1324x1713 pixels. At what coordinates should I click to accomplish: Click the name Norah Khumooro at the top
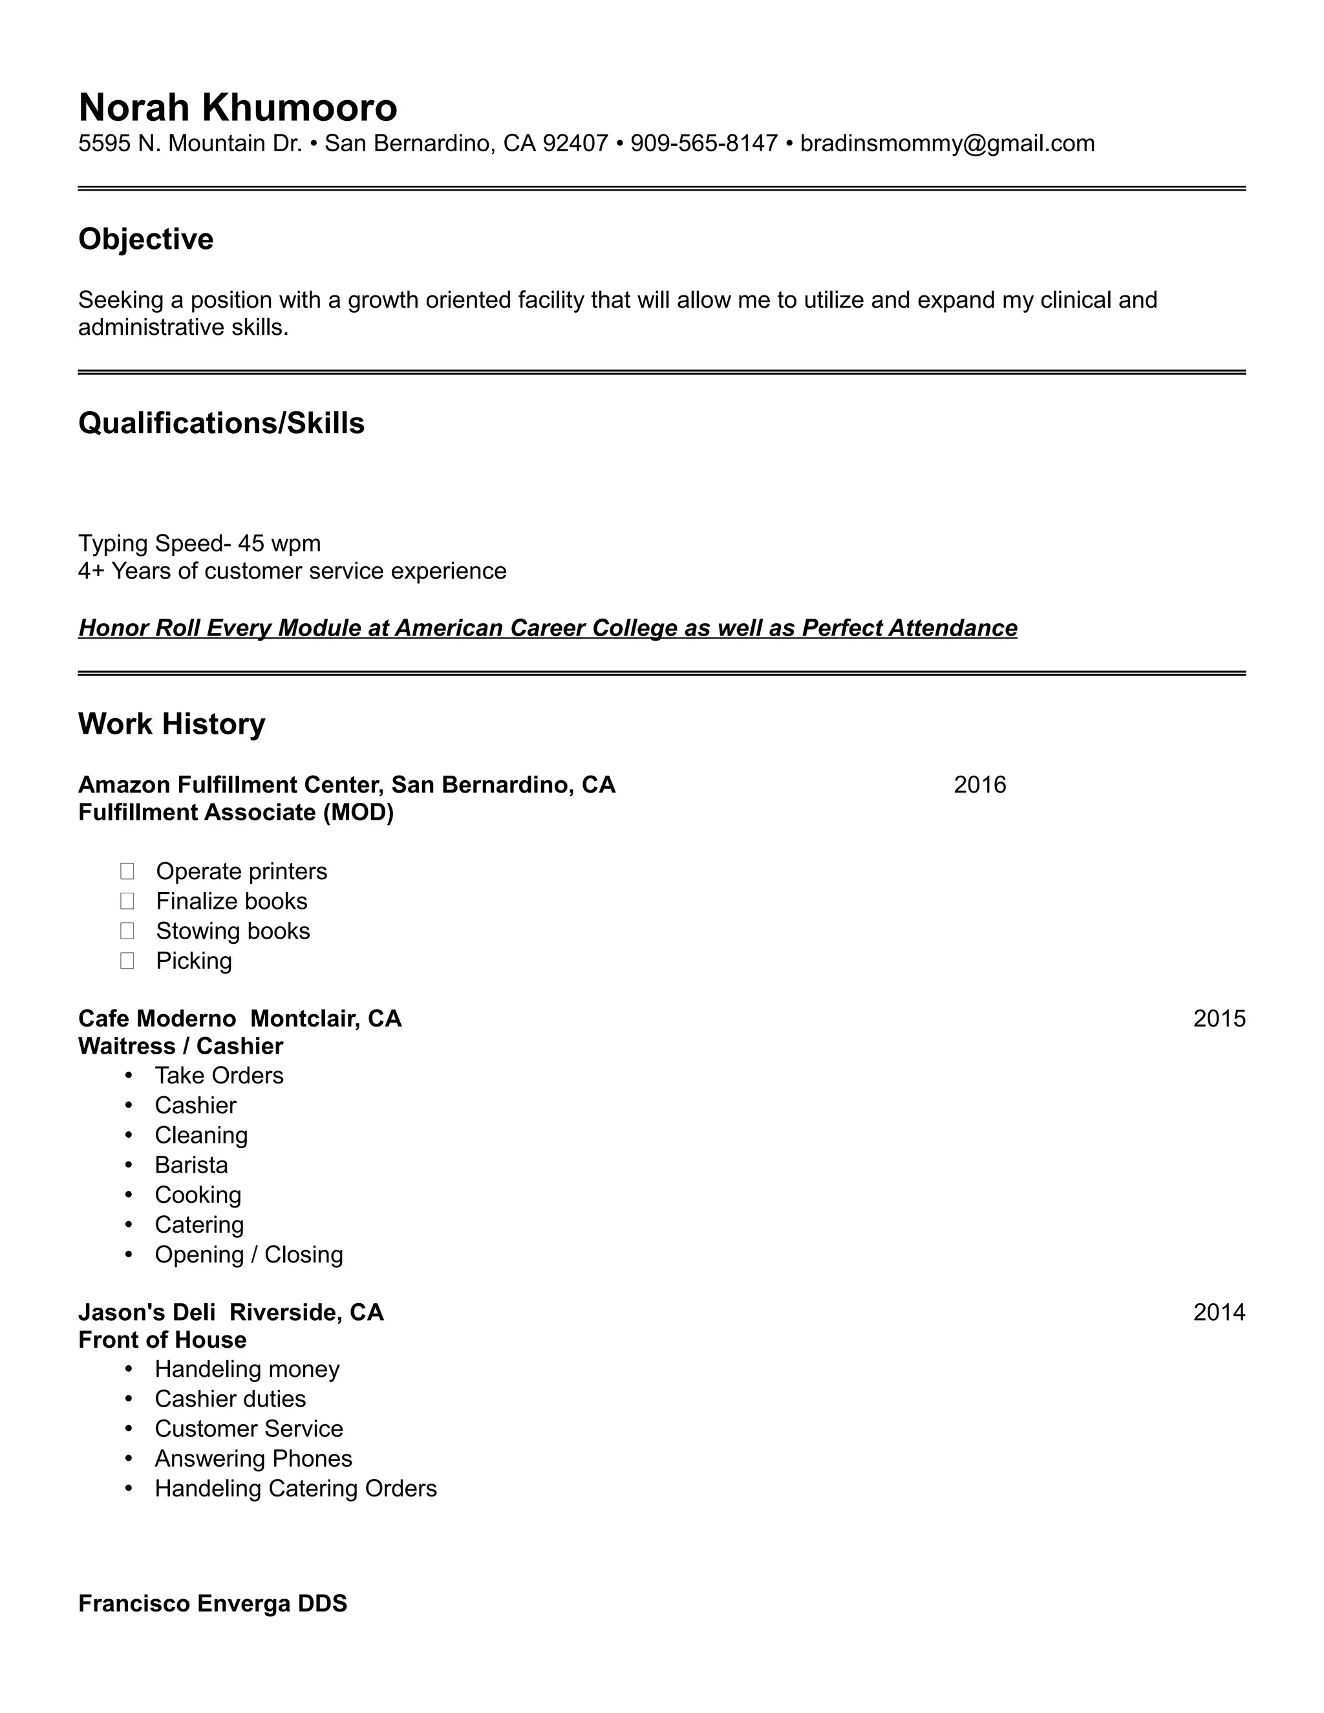click(238, 107)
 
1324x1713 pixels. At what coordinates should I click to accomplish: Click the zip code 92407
click(575, 144)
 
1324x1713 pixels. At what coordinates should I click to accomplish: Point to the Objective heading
click(146, 239)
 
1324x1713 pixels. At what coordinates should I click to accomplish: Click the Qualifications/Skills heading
click(221, 423)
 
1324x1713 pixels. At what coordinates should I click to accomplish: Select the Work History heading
click(172, 724)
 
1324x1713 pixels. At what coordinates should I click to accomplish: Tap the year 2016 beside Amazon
click(979, 785)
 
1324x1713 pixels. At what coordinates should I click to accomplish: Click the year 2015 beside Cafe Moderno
click(1219, 1019)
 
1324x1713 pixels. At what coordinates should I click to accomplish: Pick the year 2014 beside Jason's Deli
click(1219, 1312)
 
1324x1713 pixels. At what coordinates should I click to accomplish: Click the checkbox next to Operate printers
click(127, 871)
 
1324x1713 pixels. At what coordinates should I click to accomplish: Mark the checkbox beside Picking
click(127, 961)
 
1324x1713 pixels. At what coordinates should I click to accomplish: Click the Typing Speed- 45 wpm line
click(199, 544)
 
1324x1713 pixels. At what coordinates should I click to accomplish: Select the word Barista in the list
click(191, 1165)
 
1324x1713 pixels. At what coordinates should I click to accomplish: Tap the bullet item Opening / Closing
click(249, 1255)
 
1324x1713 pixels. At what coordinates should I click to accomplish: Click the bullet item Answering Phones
click(253, 1459)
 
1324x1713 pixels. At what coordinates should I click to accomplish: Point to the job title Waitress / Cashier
click(180, 1047)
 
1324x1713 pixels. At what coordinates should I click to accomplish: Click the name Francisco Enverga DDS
click(213, 1603)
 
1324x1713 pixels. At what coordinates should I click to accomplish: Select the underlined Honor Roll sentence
click(548, 628)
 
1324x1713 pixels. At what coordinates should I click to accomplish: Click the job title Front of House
click(162, 1339)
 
